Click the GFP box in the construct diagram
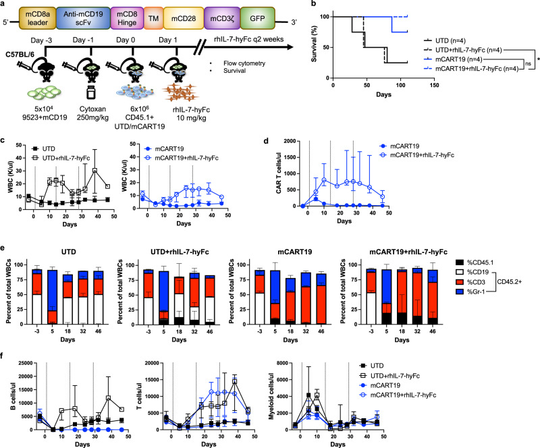pyautogui.click(x=257, y=18)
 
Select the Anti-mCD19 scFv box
pyautogui.click(x=83, y=18)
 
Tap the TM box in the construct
pyautogui.click(x=154, y=18)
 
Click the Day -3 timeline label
pyautogui.click(x=41, y=40)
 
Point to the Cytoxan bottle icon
pyautogui.click(x=90, y=92)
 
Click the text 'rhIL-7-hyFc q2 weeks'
pyautogui.click(x=248, y=39)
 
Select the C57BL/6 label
pyautogui.click(x=20, y=55)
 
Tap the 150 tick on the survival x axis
pyautogui.click(x=434, y=85)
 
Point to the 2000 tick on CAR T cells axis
pyautogui.click(x=290, y=141)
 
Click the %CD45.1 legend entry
pyautogui.click(x=475, y=262)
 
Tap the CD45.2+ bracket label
pyautogui.click(x=510, y=282)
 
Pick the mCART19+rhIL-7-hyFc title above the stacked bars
pyautogui.click(x=408, y=252)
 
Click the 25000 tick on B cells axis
pyautogui.click(x=26, y=363)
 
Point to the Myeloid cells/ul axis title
pyautogui.click(x=271, y=396)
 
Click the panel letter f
pyautogui.click(x=3, y=356)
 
